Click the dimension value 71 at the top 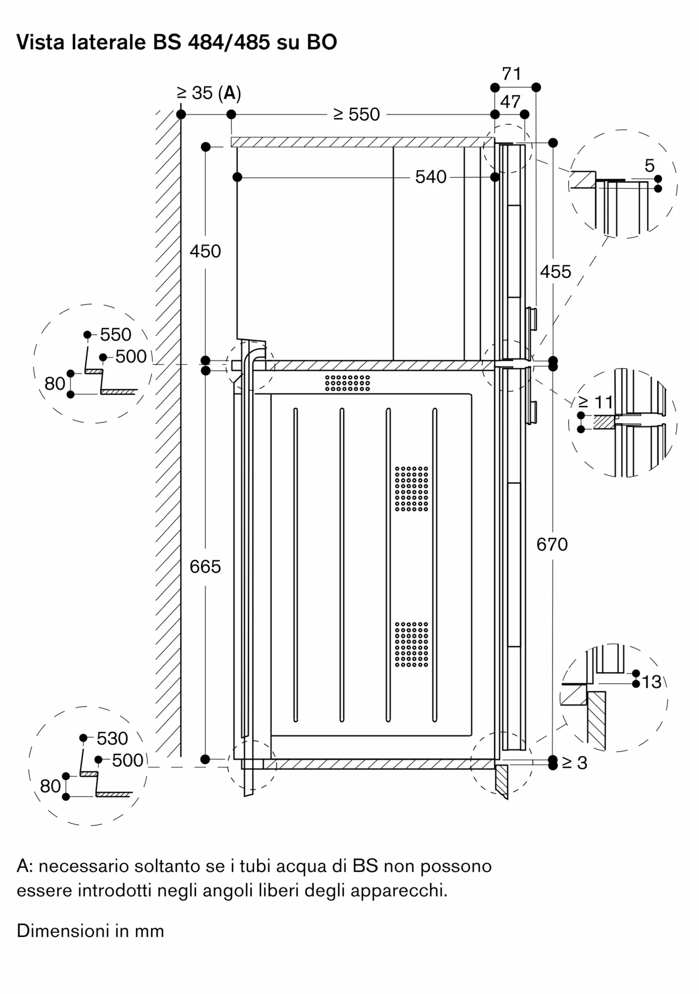[x=511, y=74]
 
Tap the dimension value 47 [x=510, y=102]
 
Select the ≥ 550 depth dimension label [x=357, y=114]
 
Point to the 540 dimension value [x=431, y=177]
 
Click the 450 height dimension [x=205, y=251]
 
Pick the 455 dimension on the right [x=555, y=272]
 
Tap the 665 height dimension [x=205, y=567]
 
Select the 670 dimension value [x=552, y=545]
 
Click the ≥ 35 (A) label [x=209, y=93]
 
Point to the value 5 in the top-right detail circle [x=650, y=166]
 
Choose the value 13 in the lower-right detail [x=651, y=682]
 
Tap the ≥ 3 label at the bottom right [x=575, y=763]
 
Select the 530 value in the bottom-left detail [x=112, y=739]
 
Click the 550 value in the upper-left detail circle [x=116, y=334]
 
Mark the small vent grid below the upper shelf [x=348, y=383]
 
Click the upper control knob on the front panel [x=531, y=319]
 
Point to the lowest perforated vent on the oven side [x=411, y=644]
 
